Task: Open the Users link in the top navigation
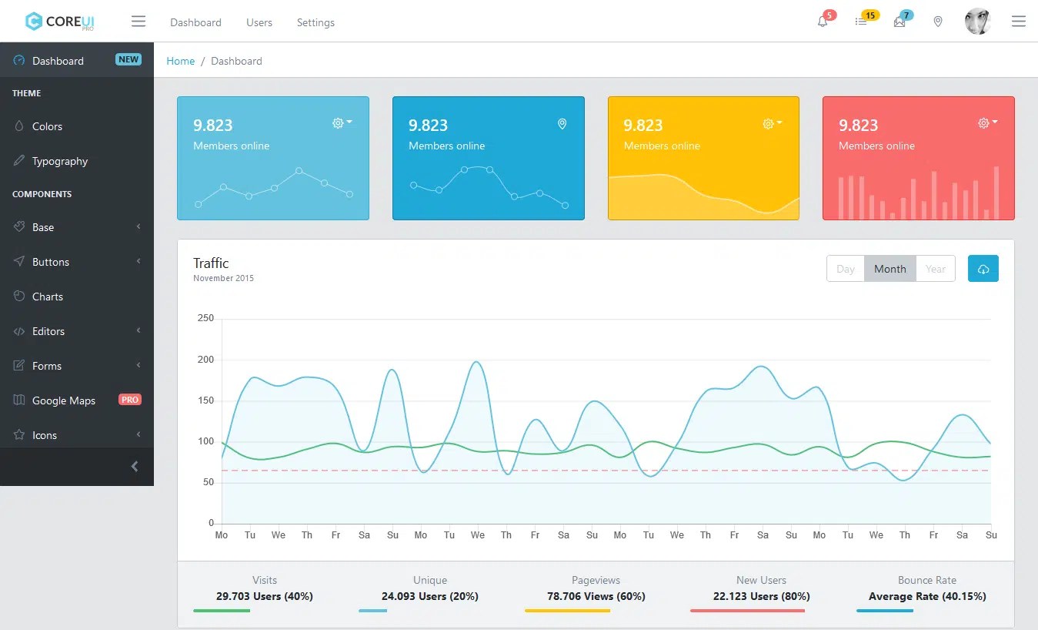259,22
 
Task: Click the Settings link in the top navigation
315,22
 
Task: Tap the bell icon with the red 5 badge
823,22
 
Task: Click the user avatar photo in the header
977,22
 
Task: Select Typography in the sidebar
60,161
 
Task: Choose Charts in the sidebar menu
48,297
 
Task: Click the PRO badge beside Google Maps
130,400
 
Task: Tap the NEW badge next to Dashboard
128,59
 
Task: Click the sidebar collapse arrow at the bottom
135,466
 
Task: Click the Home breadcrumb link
181,61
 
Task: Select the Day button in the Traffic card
845,269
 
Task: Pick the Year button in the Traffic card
936,269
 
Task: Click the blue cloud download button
983,269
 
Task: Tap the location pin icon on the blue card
562,124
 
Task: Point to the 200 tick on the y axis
205,360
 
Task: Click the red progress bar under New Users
747,611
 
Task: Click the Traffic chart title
211,263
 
